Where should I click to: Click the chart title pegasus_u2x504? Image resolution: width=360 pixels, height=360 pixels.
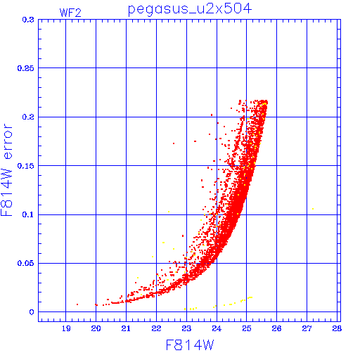(190, 9)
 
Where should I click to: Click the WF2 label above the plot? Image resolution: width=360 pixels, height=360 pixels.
(70, 13)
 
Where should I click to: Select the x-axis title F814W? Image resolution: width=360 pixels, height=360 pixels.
(190, 345)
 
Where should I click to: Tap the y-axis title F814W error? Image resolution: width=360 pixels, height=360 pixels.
(6, 169)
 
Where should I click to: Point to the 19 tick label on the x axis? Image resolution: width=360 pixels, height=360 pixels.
(66, 328)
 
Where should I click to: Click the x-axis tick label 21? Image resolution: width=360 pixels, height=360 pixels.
(126, 328)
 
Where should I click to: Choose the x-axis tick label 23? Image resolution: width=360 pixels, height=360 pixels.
(186, 328)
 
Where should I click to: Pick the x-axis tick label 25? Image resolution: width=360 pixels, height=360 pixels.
(247, 328)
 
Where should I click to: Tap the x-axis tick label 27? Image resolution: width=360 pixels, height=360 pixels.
(307, 328)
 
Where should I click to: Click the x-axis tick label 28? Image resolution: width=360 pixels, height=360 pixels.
(337, 328)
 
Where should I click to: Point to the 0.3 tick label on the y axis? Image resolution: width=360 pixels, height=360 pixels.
(28, 20)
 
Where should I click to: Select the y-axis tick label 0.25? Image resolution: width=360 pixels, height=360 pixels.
(26, 68)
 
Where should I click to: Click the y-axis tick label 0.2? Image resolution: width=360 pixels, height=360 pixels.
(28, 117)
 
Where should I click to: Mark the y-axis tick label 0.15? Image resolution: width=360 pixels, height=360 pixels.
(26, 166)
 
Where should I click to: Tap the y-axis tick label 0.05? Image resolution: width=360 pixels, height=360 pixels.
(26, 263)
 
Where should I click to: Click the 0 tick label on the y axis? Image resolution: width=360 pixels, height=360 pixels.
(32, 312)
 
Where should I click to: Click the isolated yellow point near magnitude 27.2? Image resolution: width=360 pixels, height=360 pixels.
(313, 209)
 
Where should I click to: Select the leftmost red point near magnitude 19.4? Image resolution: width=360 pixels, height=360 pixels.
(77, 304)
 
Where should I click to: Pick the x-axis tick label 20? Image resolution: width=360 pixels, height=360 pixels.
(96, 328)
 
